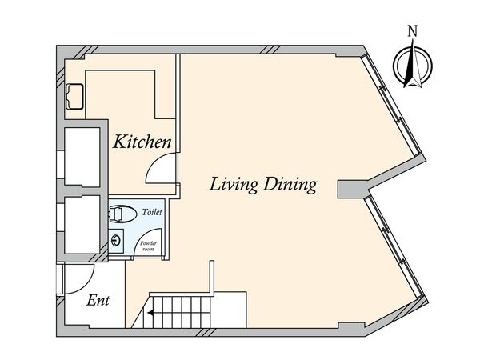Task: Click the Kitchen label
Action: (x=142, y=142)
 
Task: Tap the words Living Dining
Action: (x=262, y=185)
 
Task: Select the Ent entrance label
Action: (x=98, y=300)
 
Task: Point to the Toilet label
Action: (x=152, y=212)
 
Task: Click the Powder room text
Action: (x=148, y=246)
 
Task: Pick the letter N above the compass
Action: (x=413, y=31)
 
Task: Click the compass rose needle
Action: (x=413, y=63)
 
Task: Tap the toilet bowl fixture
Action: (x=122, y=214)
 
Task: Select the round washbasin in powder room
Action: (x=116, y=241)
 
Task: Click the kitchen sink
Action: (x=74, y=96)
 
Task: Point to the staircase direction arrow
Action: (x=150, y=313)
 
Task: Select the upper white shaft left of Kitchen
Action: (x=82, y=157)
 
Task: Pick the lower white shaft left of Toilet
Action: (x=82, y=224)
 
